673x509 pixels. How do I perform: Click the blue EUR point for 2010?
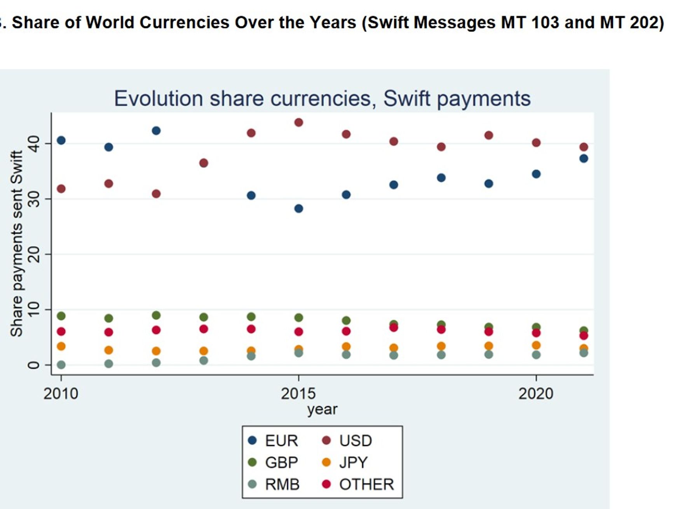click(x=61, y=140)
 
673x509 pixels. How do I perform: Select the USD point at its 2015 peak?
click(x=298, y=122)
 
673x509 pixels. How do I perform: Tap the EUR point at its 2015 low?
click(x=298, y=208)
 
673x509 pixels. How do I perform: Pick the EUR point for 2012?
click(x=156, y=131)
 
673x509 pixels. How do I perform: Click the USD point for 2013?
click(x=204, y=163)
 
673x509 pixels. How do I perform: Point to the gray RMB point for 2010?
click(x=61, y=365)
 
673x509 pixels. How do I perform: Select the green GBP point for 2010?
click(x=61, y=316)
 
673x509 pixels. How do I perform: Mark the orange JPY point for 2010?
click(x=61, y=346)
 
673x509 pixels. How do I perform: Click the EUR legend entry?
click(x=274, y=441)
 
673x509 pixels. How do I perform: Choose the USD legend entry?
click(x=348, y=441)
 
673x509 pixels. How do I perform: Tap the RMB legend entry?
click(x=274, y=485)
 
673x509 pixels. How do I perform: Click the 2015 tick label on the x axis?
click(x=298, y=394)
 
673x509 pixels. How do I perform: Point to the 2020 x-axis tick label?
click(x=535, y=394)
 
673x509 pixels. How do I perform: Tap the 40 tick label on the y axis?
click(x=34, y=144)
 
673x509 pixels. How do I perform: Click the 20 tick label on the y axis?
click(x=34, y=255)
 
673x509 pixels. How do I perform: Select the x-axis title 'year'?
click(x=322, y=409)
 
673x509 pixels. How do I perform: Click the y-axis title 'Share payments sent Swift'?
click(x=17, y=243)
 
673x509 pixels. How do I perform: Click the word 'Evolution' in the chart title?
click(x=159, y=98)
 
